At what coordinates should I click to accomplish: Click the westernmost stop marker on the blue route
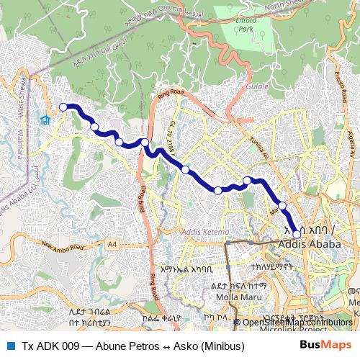pos(63,107)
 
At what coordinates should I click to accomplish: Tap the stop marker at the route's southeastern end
pos(297,234)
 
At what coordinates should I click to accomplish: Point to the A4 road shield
pos(112,245)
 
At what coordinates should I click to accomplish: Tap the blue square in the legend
pos(9,346)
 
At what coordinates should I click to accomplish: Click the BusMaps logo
pos(325,346)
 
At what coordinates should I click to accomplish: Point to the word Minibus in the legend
pos(225,346)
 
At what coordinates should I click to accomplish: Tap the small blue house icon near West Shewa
pos(45,120)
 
